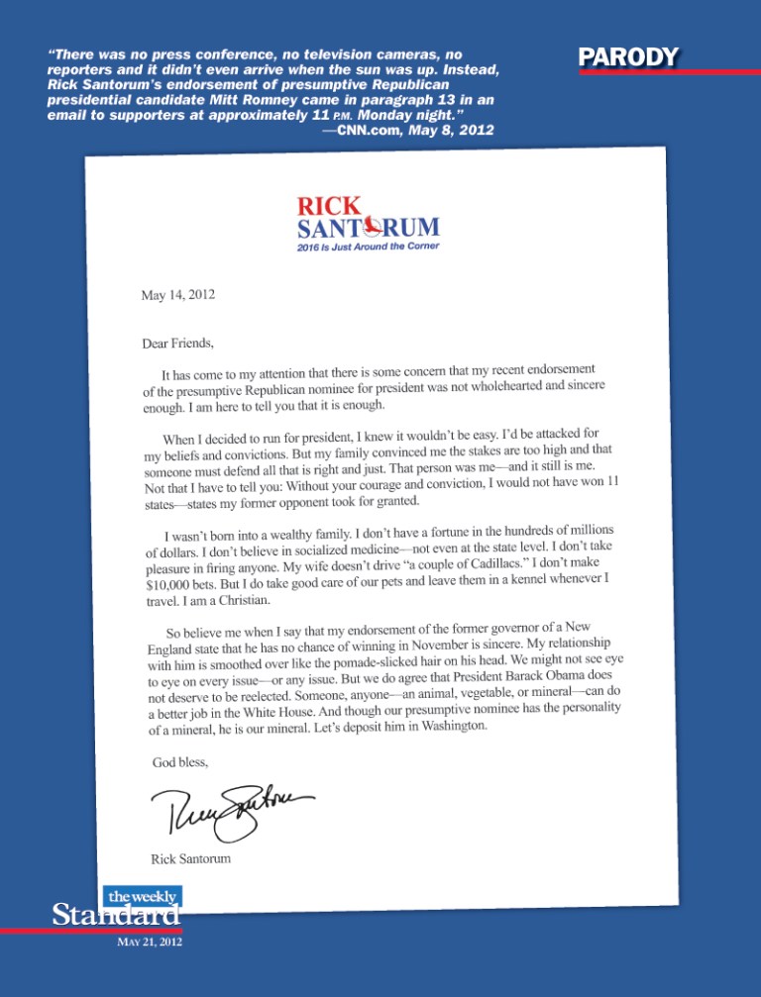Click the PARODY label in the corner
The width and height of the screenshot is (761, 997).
tap(629, 57)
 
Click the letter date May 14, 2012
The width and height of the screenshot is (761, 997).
tap(179, 295)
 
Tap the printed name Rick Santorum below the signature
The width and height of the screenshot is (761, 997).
tap(192, 858)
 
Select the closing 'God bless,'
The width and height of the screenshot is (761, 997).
tap(179, 762)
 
